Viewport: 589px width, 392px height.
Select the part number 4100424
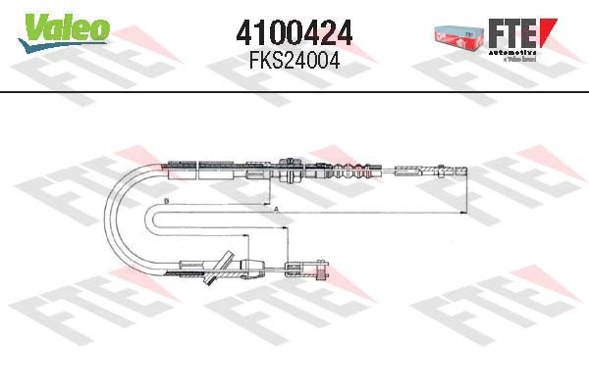pyautogui.click(x=294, y=33)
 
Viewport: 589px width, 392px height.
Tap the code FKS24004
pyautogui.click(x=294, y=59)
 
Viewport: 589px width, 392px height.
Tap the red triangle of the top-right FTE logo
pyautogui.click(x=552, y=26)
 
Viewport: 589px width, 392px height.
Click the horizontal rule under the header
pyautogui.click(x=294, y=92)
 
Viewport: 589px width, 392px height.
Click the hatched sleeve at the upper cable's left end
pyautogui.click(x=184, y=164)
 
